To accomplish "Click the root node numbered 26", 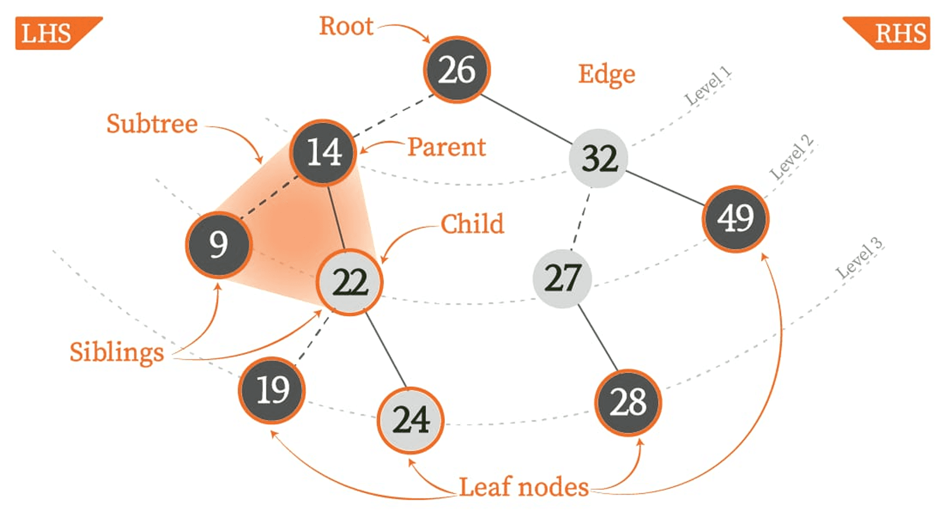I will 457,70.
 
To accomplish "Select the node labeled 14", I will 323,152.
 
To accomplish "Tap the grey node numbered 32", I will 599,158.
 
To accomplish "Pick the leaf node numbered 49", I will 735,218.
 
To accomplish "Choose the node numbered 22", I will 350,282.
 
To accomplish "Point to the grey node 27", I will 562,279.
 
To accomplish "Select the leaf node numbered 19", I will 272,390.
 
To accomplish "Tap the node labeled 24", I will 410,420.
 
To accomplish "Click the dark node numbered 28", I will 628,402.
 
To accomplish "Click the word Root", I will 346,26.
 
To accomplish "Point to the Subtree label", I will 152,124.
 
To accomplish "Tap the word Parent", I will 446,147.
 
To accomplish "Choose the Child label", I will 472,224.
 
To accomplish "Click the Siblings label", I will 117,352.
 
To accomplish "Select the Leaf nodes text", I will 524,487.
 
